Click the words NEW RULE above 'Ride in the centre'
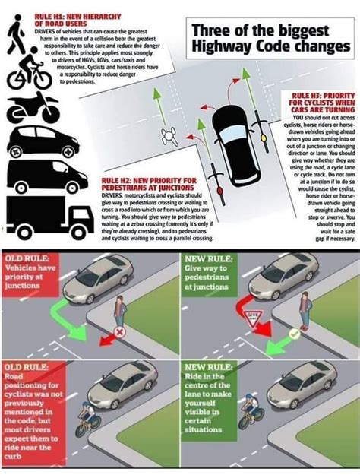[x=205, y=368]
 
